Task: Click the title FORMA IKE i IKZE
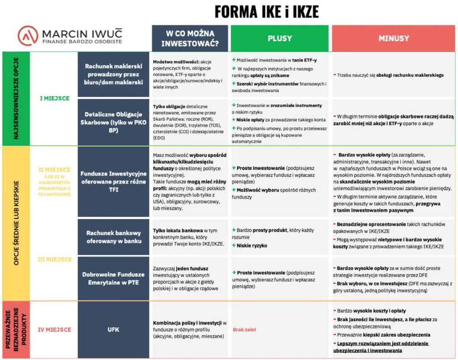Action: (267, 12)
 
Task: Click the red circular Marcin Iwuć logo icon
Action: (28, 35)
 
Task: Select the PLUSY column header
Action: (280, 38)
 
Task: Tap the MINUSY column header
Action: (394, 38)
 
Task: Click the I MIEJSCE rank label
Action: (55, 98)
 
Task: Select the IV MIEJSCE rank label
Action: (55, 330)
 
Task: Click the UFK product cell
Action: (113, 330)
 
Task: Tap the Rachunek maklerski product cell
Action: (113, 74)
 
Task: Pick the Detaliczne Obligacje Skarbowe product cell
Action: (113, 121)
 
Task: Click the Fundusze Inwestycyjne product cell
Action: (113, 181)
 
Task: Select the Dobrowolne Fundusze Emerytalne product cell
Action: (113, 278)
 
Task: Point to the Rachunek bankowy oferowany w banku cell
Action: (113, 237)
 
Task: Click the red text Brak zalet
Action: (244, 330)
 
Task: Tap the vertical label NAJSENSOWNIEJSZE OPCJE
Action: (16, 98)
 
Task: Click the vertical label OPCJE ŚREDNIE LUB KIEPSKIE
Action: (16, 223)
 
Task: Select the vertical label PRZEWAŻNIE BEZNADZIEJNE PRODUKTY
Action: (16, 330)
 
